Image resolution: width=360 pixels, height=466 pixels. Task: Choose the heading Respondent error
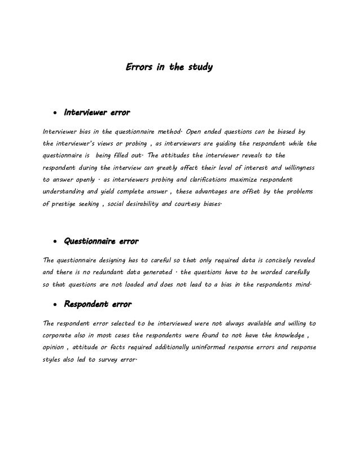tap(97, 305)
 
